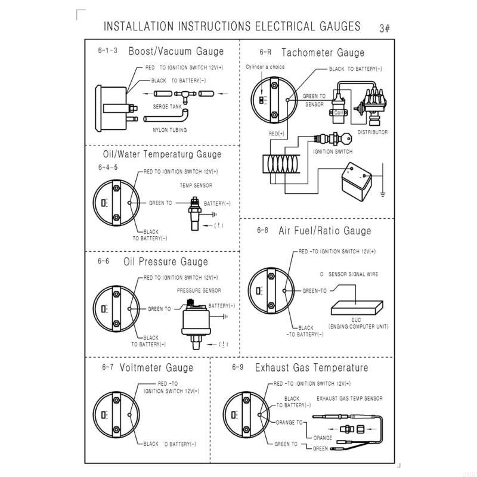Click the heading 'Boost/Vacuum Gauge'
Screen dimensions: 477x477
pos(176,52)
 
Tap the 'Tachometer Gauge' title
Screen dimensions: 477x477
pos(323,53)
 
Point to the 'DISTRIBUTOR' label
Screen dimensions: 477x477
pos(373,132)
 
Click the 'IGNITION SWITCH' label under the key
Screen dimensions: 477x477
pos(333,151)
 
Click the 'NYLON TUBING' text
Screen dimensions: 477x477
pos(170,130)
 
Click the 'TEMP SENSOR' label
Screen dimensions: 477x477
pos(197,185)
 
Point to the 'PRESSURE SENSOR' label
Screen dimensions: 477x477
pos(199,290)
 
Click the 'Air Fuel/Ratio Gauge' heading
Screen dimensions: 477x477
pos(325,231)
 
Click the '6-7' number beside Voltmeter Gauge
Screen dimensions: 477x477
pos(107,367)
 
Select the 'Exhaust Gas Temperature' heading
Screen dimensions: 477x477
pos(311,367)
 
